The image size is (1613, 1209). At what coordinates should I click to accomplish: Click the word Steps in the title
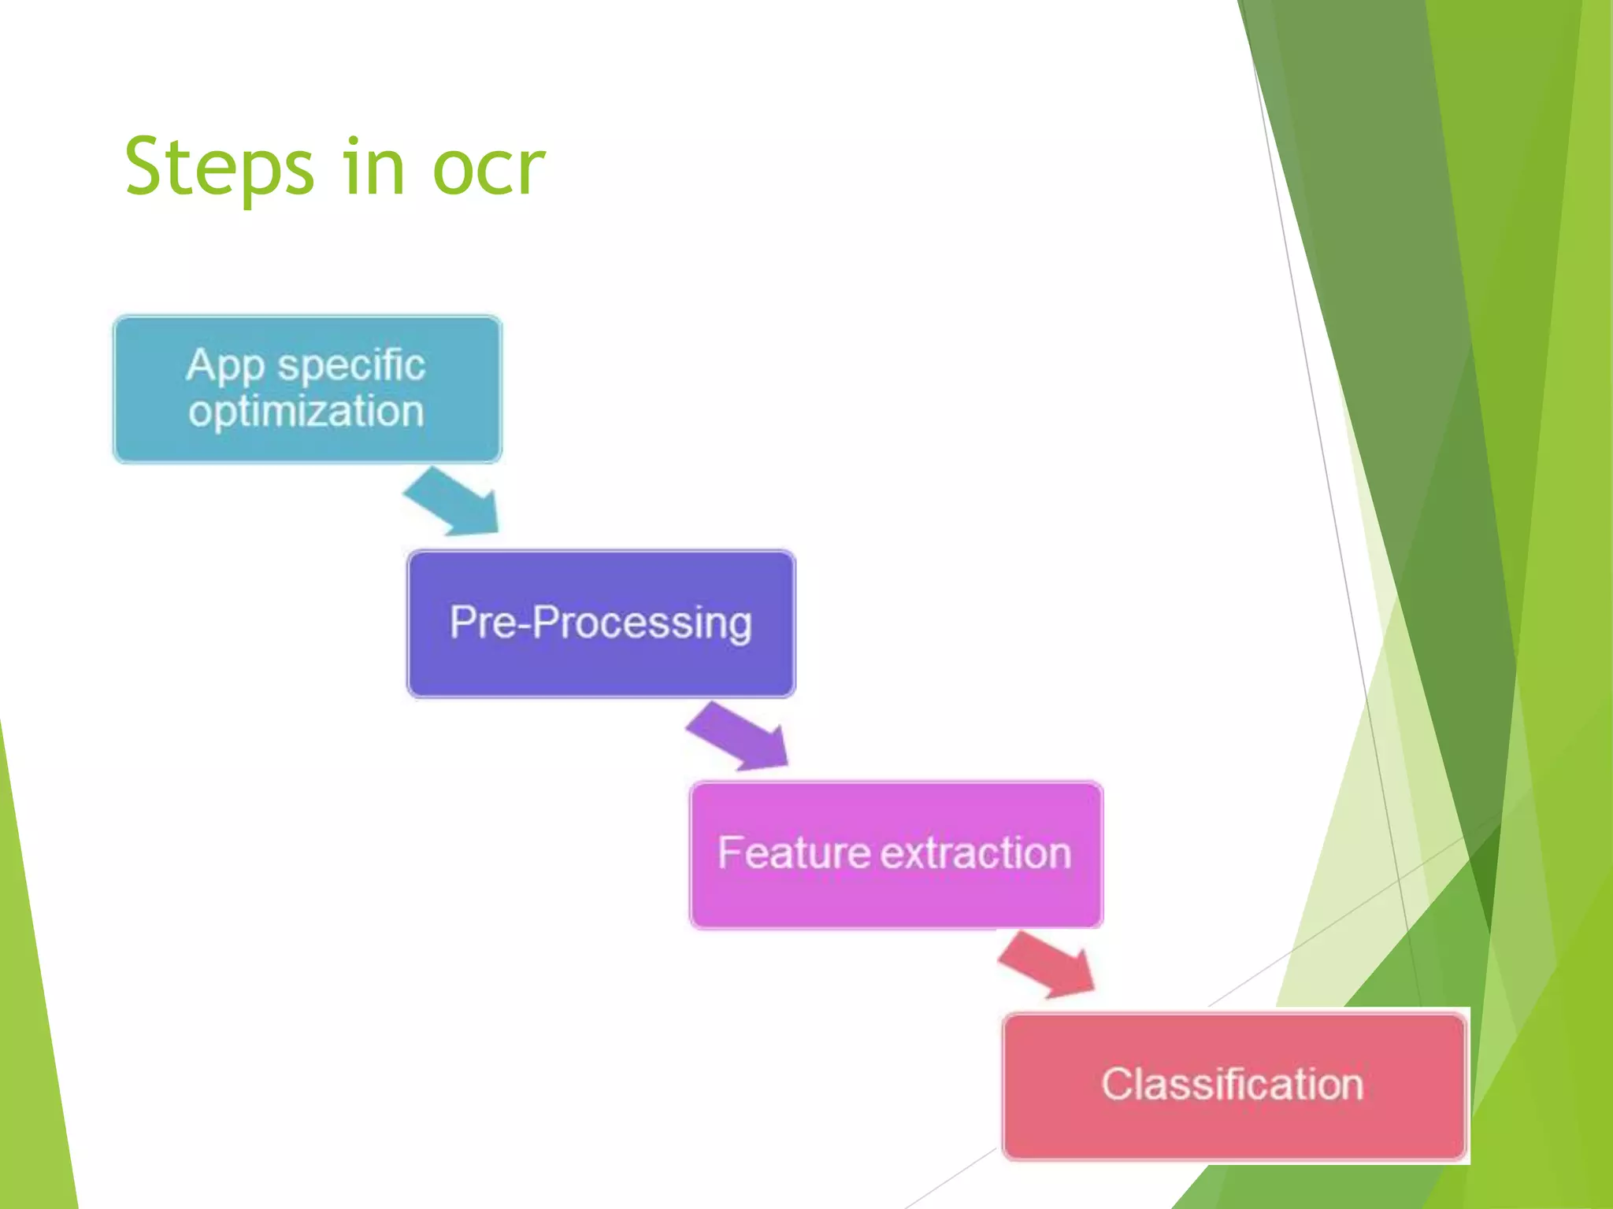pos(219,168)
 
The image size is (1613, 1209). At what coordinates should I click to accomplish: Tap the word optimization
pos(306,412)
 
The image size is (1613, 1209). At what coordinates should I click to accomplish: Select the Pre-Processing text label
pos(600,623)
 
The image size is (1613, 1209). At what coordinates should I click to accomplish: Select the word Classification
pos(1232,1085)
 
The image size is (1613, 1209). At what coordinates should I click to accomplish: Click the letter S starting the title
pos(147,166)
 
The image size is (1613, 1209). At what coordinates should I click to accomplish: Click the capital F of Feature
pos(730,852)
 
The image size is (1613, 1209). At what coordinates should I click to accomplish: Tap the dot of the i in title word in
pos(351,142)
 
